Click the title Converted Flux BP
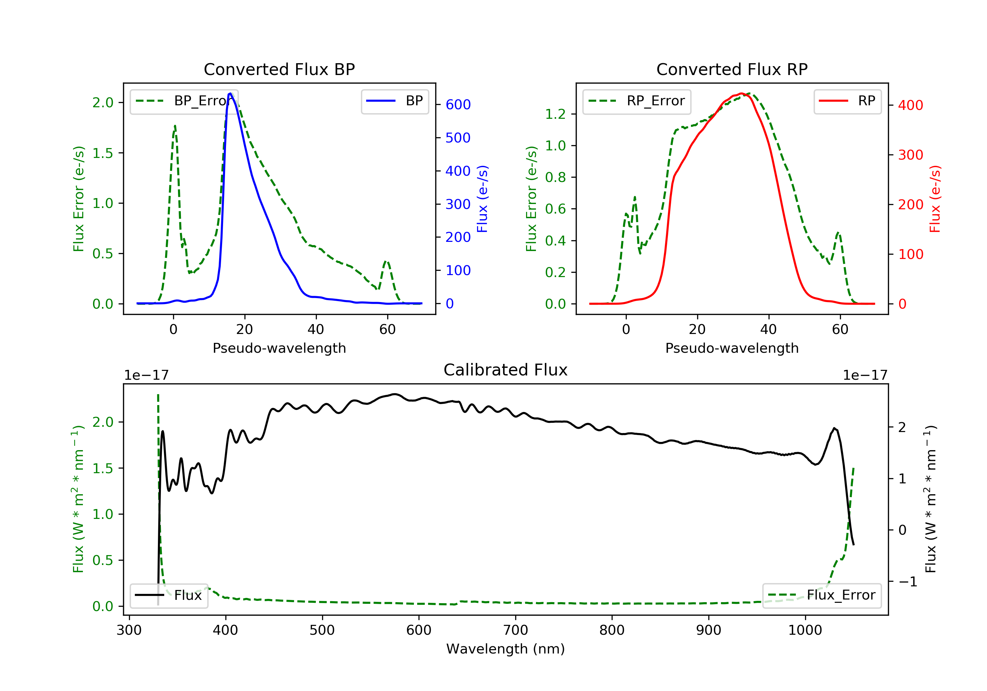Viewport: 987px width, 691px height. [x=279, y=69]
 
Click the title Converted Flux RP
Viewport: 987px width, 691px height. [x=732, y=69]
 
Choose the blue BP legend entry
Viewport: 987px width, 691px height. [x=394, y=101]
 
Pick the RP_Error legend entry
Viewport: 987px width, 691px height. [x=637, y=101]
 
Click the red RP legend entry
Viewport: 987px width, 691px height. [x=847, y=101]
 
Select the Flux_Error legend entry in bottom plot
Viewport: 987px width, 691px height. [x=822, y=595]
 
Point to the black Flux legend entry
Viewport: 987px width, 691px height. [x=168, y=595]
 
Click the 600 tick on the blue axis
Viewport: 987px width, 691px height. [x=458, y=105]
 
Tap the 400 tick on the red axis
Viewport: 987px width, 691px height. [x=910, y=105]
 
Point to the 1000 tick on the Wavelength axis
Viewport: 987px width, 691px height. [x=805, y=630]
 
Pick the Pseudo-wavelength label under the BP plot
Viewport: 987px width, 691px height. [x=279, y=348]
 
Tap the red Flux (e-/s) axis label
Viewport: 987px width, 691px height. [x=935, y=199]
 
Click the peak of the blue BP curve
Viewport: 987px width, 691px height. [x=230, y=93]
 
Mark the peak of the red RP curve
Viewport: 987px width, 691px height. [x=741, y=93]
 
